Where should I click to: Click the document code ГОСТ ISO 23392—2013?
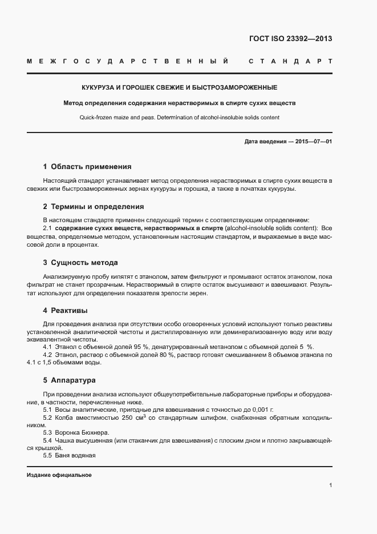290,39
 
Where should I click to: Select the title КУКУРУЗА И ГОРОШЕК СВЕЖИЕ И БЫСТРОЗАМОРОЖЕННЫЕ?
179,88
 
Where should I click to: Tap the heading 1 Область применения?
87,167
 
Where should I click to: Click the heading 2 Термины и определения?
93,207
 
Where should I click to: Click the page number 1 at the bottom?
330,485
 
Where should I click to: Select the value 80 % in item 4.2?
165,355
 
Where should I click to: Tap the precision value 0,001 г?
260,410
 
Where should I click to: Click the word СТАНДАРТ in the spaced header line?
290,61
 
